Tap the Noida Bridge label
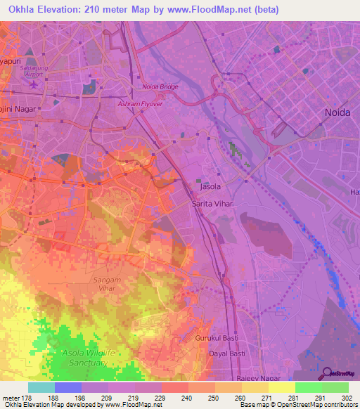tap(160, 86)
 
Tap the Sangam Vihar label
tap(107, 283)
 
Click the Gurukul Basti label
tap(214, 339)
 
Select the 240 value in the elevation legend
tap(186, 397)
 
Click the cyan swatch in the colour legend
tap(41, 387)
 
